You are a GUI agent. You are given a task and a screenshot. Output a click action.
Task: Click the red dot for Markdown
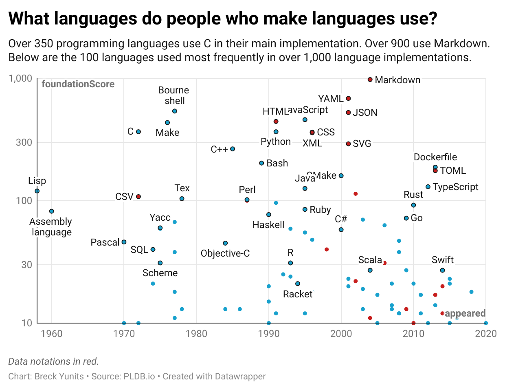click(370, 80)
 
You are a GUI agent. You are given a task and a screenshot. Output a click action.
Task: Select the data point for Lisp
click(37, 191)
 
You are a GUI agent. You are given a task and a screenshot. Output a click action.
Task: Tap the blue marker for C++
click(233, 149)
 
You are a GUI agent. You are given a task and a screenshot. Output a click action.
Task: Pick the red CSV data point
click(138, 197)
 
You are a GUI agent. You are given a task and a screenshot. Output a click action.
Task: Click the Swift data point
click(442, 270)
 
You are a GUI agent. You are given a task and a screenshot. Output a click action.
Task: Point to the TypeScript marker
click(428, 187)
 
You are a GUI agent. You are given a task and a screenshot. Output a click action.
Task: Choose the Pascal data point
click(124, 242)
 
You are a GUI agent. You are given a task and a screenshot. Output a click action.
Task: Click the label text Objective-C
click(225, 253)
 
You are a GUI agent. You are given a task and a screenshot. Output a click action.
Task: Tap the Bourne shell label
click(174, 95)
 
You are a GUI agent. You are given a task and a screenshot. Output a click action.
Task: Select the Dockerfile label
click(435, 157)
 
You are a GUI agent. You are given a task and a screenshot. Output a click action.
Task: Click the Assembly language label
click(51, 227)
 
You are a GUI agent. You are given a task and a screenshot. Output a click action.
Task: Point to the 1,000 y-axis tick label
click(20, 78)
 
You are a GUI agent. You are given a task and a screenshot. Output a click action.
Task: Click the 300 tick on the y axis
click(24, 142)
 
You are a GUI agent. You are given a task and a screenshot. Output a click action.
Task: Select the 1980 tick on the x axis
click(196, 334)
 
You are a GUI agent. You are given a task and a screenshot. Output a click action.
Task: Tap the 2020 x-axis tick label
click(486, 334)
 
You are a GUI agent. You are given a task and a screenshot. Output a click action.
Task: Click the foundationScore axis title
click(78, 84)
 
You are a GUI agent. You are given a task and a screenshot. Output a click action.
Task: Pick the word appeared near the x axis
click(465, 313)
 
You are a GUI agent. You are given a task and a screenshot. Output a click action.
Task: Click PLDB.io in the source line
click(139, 376)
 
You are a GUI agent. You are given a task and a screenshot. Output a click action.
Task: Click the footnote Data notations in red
click(53, 361)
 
